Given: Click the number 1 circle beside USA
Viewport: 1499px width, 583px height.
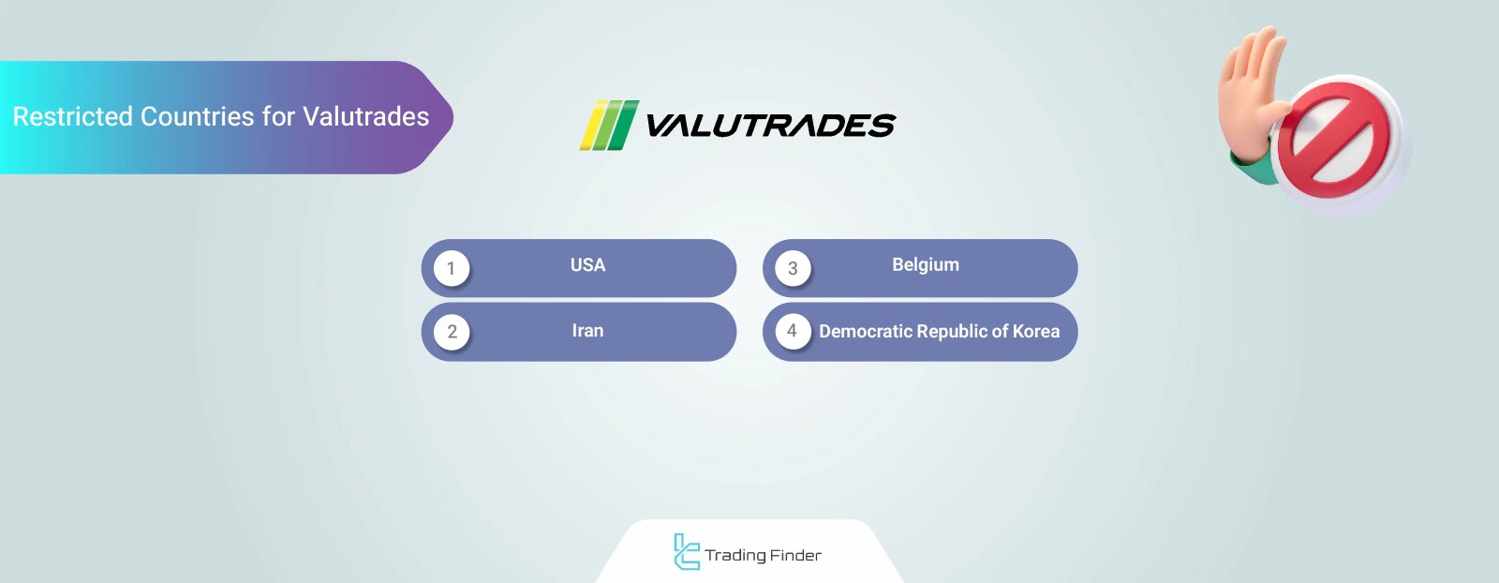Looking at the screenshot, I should (x=451, y=269).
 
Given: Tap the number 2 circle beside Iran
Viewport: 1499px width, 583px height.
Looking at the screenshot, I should (x=452, y=332).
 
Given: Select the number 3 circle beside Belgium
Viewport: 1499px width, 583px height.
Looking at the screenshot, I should (x=793, y=269).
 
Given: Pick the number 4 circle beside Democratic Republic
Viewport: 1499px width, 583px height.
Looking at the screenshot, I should (x=793, y=331).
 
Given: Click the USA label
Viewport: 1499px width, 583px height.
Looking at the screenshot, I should (x=587, y=265).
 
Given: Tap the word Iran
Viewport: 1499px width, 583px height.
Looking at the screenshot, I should (x=587, y=331).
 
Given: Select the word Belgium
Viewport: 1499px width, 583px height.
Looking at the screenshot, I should (x=925, y=265).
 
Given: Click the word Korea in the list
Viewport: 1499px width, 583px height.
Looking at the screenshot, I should (x=1035, y=332).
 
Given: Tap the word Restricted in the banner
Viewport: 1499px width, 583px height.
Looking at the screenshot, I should (x=72, y=117).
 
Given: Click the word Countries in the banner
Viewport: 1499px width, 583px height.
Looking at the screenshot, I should (x=198, y=117).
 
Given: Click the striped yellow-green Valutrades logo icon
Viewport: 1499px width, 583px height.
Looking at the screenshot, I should (x=609, y=126).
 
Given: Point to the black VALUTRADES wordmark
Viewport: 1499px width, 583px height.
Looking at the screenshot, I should (x=770, y=126).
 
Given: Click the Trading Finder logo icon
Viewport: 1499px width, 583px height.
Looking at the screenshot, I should (x=686, y=552).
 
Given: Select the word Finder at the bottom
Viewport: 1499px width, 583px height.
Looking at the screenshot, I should (x=795, y=556).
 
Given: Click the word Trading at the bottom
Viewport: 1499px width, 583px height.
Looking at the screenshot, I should (x=735, y=556).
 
